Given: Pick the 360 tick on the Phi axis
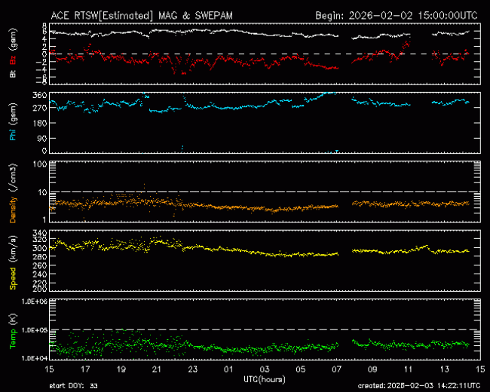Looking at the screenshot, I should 38,95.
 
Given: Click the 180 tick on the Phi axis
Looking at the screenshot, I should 38,123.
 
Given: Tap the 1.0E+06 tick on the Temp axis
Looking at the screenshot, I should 32,302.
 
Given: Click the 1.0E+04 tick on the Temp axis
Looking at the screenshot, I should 32,358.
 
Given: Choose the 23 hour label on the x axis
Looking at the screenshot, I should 193,370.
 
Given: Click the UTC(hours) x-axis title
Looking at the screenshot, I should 264,378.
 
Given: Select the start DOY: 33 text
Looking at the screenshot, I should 73,385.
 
